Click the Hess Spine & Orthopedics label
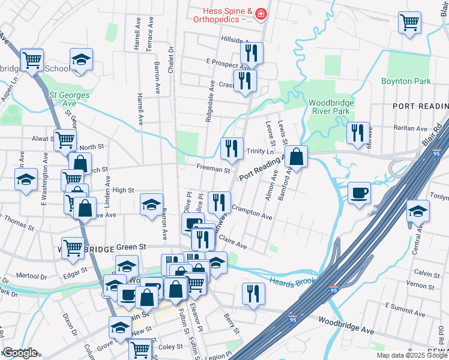point(220,14)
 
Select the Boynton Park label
point(406,81)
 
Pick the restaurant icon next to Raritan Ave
point(358,134)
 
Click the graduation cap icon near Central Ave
point(418,212)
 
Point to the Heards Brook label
point(293,282)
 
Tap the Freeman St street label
point(213,170)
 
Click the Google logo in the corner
point(20,353)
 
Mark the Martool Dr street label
point(31,276)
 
